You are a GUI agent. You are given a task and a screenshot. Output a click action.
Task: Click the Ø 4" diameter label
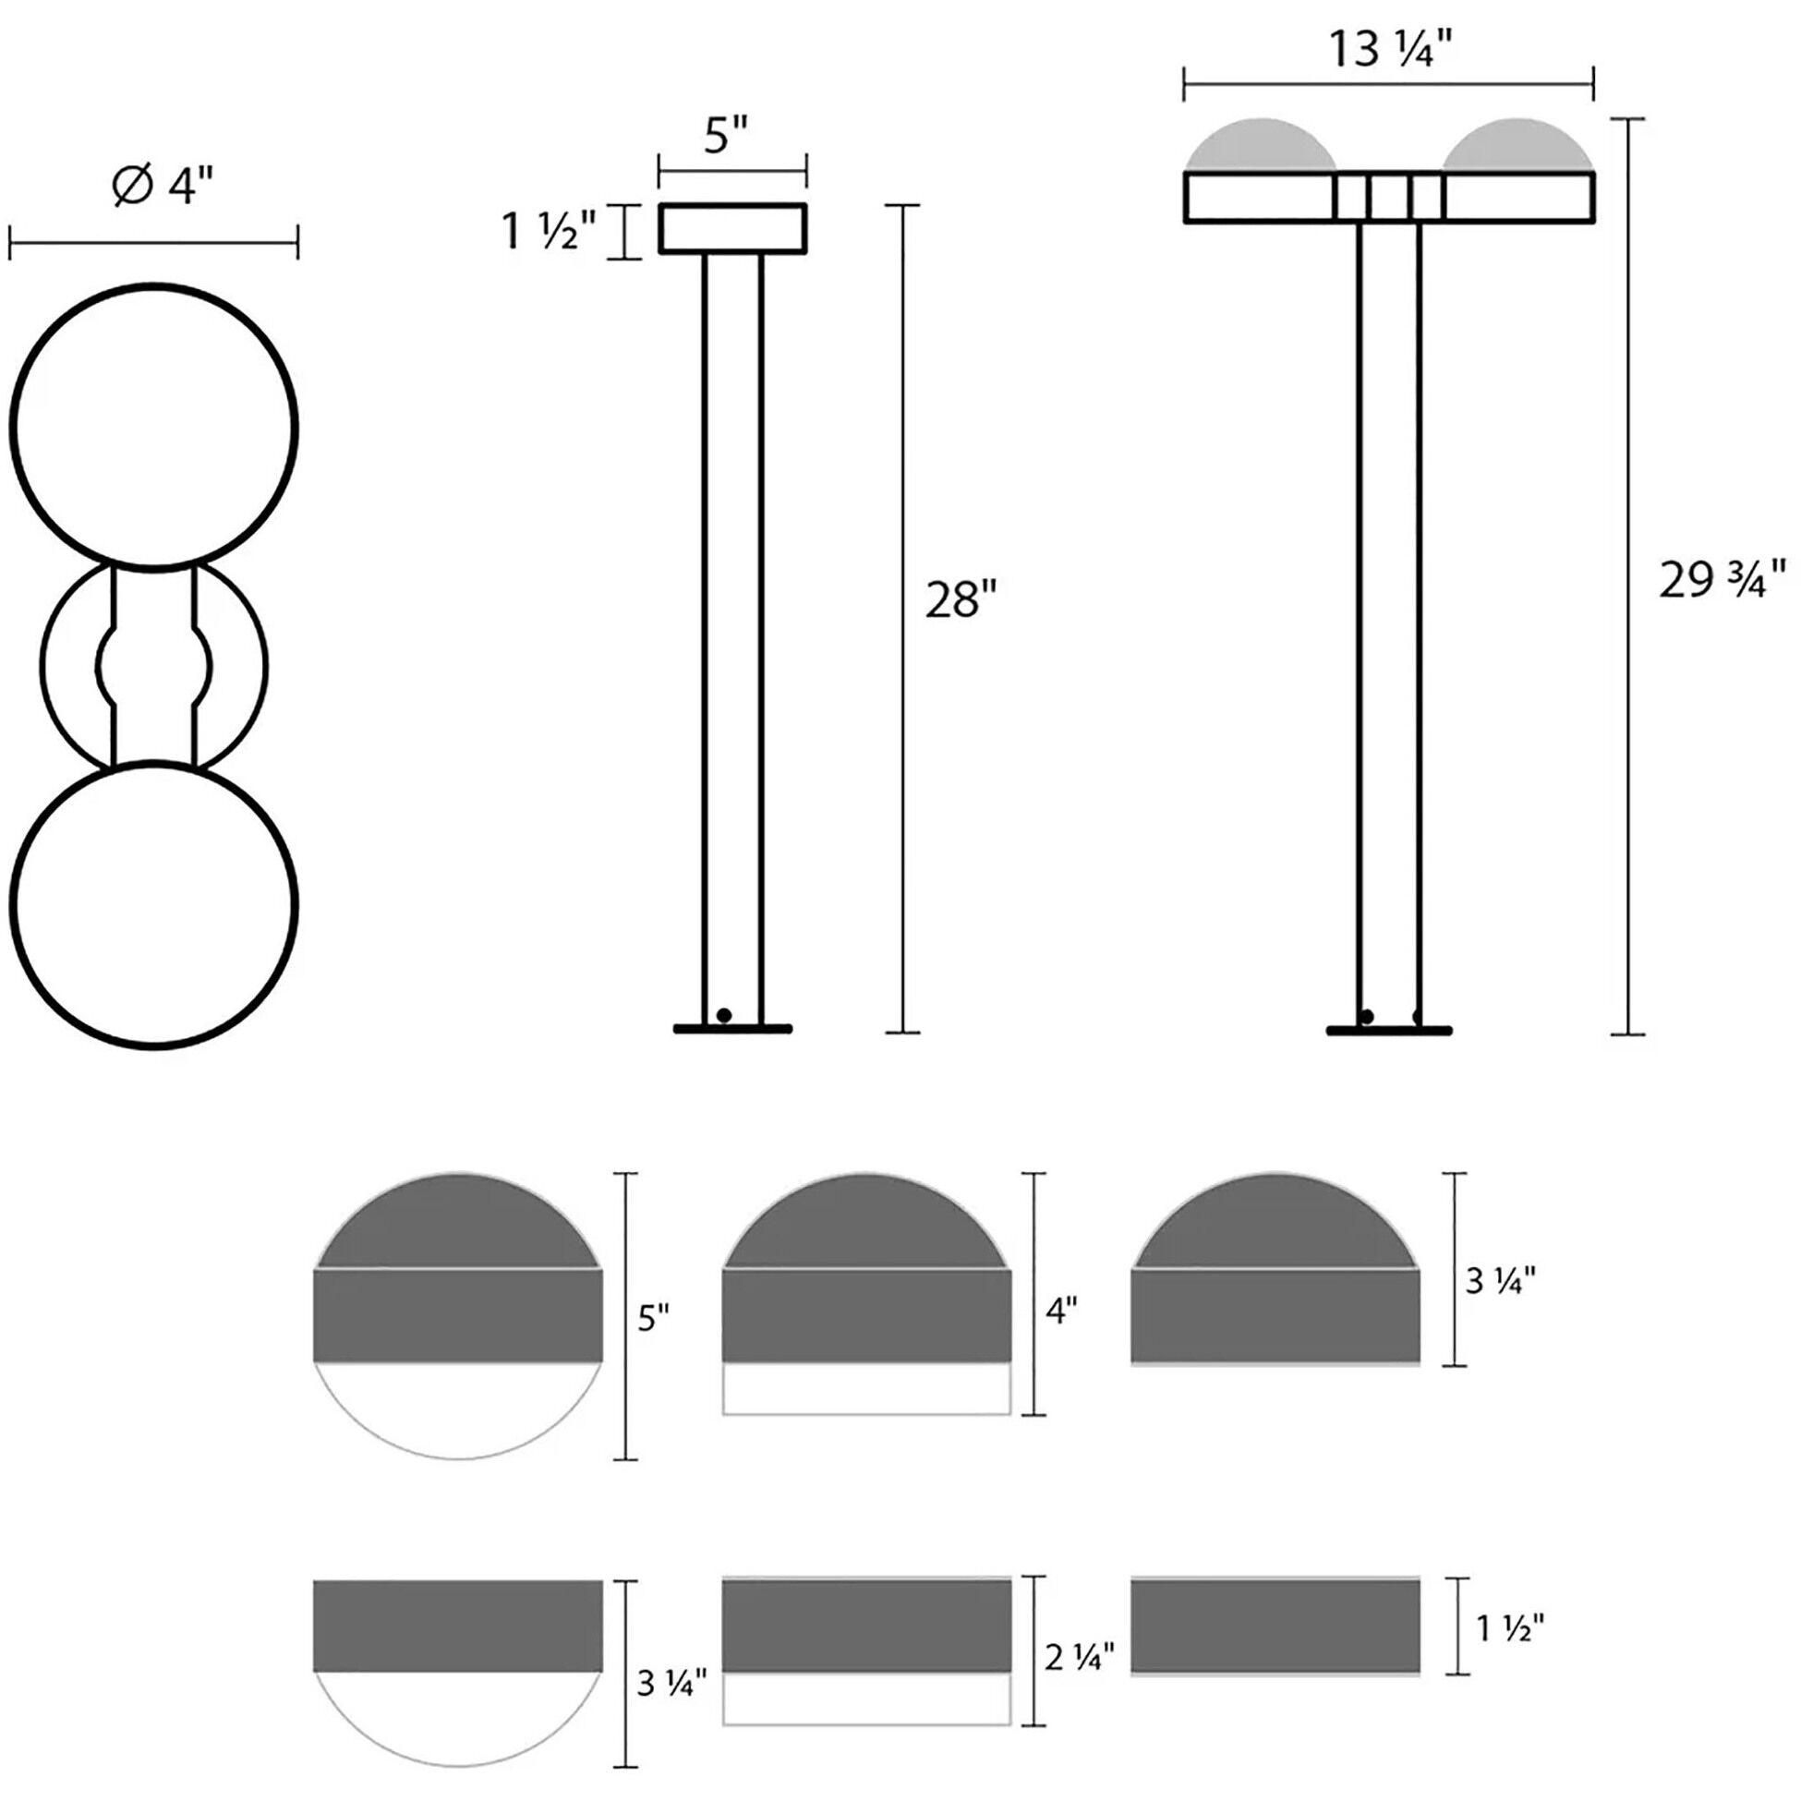(163, 186)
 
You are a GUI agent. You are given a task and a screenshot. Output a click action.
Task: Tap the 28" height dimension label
(961, 598)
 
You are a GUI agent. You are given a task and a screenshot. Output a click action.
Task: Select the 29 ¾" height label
(1722, 580)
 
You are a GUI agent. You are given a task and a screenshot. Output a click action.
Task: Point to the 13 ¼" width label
(1390, 49)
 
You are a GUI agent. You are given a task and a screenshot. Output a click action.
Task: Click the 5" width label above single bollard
(726, 135)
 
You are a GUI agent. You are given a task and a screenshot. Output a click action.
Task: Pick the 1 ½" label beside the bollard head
(548, 231)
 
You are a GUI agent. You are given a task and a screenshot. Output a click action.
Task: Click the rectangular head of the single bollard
(732, 228)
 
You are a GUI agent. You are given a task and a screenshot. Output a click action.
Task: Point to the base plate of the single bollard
(732, 1029)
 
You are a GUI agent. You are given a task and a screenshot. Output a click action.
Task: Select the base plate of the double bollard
(1389, 1030)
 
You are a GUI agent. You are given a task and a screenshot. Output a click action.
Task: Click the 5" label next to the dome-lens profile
(654, 1318)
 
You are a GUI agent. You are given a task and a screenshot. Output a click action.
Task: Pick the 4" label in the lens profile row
(1061, 1311)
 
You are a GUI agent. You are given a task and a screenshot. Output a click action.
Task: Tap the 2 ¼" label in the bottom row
(1080, 1657)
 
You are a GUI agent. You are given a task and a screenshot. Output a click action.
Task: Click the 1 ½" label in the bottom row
(1510, 1626)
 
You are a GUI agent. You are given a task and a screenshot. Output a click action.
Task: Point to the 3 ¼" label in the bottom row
(671, 1683)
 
